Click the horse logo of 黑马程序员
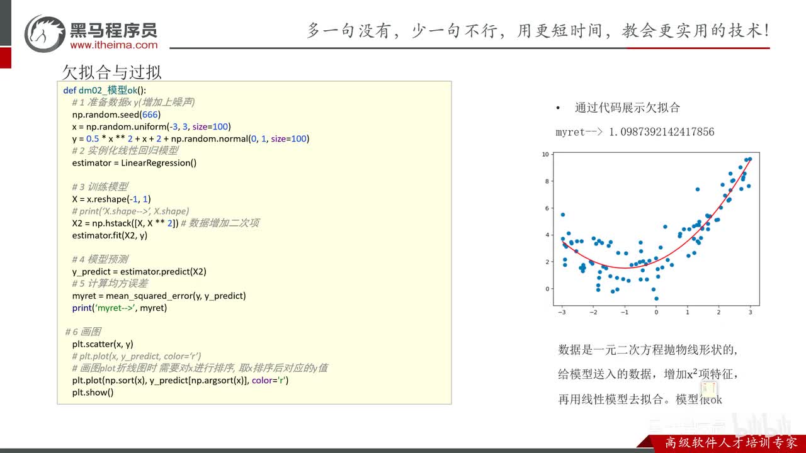[x=45, y=33]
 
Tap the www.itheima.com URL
[x=114, y=45]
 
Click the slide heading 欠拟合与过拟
[x=111, y=72]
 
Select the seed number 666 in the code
[x=150, y=115]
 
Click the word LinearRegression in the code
[x=156, y=163]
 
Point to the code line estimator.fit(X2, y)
[x=110, y=235]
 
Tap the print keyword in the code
[x=82, y=308]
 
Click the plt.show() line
[x=93, y=392]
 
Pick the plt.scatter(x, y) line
[x=103, y=344]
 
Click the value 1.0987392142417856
[x=661, y=132]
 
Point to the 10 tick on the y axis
[x=545, y=155]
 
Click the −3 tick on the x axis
[x=562, y=312]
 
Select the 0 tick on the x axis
[x=656, y=312]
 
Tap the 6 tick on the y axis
[x=547, y=208]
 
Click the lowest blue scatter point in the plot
[x=656, y=299]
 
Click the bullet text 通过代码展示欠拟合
[x=627, y=108]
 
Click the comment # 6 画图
[x=83, y=332]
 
